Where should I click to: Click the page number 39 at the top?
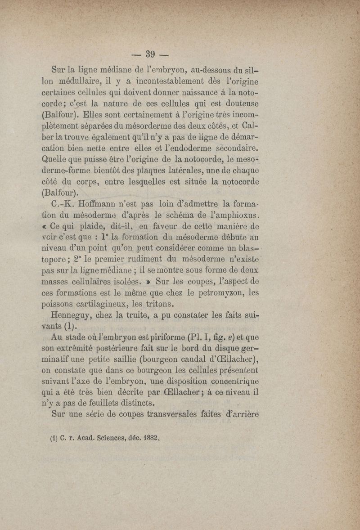point(150,54)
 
